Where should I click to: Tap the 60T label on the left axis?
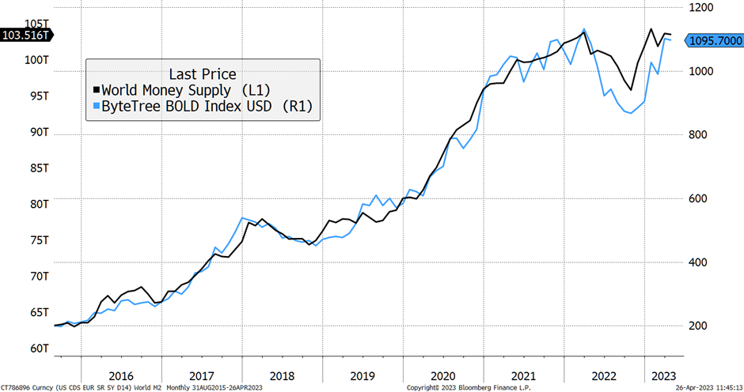[39, 349]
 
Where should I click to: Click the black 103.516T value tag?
[25, 36]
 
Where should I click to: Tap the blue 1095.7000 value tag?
[714, 41]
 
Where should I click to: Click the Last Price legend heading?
[203, 73]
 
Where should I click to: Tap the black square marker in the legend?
[97, 90]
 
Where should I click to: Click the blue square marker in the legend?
[97, 106]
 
